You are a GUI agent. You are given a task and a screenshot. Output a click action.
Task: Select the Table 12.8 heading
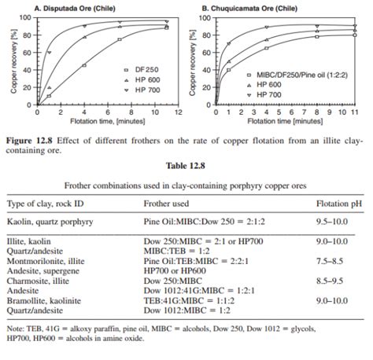pyautogui.click(x=186, y=167)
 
